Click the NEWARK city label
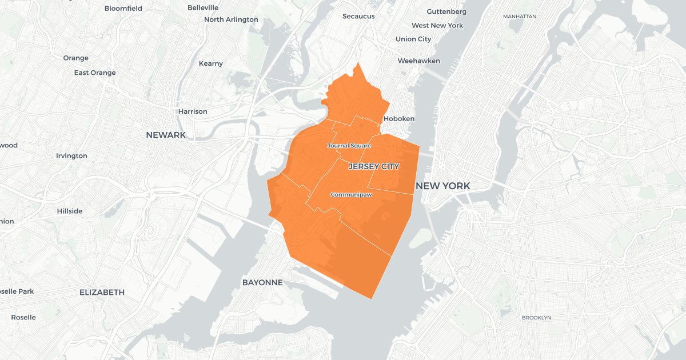(166, 135)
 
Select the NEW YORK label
(443, 186)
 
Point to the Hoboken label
(398, 118)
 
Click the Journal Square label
(349, 146)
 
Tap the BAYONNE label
(262, 282)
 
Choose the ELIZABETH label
(102, 292)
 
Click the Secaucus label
(358, 16)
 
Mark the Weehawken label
(419, 61)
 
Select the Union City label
(413, 39)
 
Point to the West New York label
(437, 25)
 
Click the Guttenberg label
(446, 11)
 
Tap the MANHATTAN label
(520, 17)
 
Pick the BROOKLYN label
(536, 317)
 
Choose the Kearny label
(211, 63)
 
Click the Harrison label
(193, 111)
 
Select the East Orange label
(95, 73)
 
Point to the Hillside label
(70, 211)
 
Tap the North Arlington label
(231, 19)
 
